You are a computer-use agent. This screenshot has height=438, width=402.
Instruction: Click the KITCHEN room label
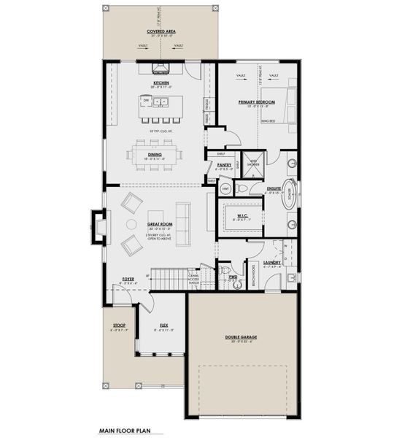pos(161,83)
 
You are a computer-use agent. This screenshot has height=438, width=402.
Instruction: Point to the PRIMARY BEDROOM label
pos(256,102)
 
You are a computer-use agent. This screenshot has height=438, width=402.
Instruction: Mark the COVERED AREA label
pos(158,31)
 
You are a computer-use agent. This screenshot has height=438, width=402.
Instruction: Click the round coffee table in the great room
pos(132,224)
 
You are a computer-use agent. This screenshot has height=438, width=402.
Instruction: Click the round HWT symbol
pos(225,189)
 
